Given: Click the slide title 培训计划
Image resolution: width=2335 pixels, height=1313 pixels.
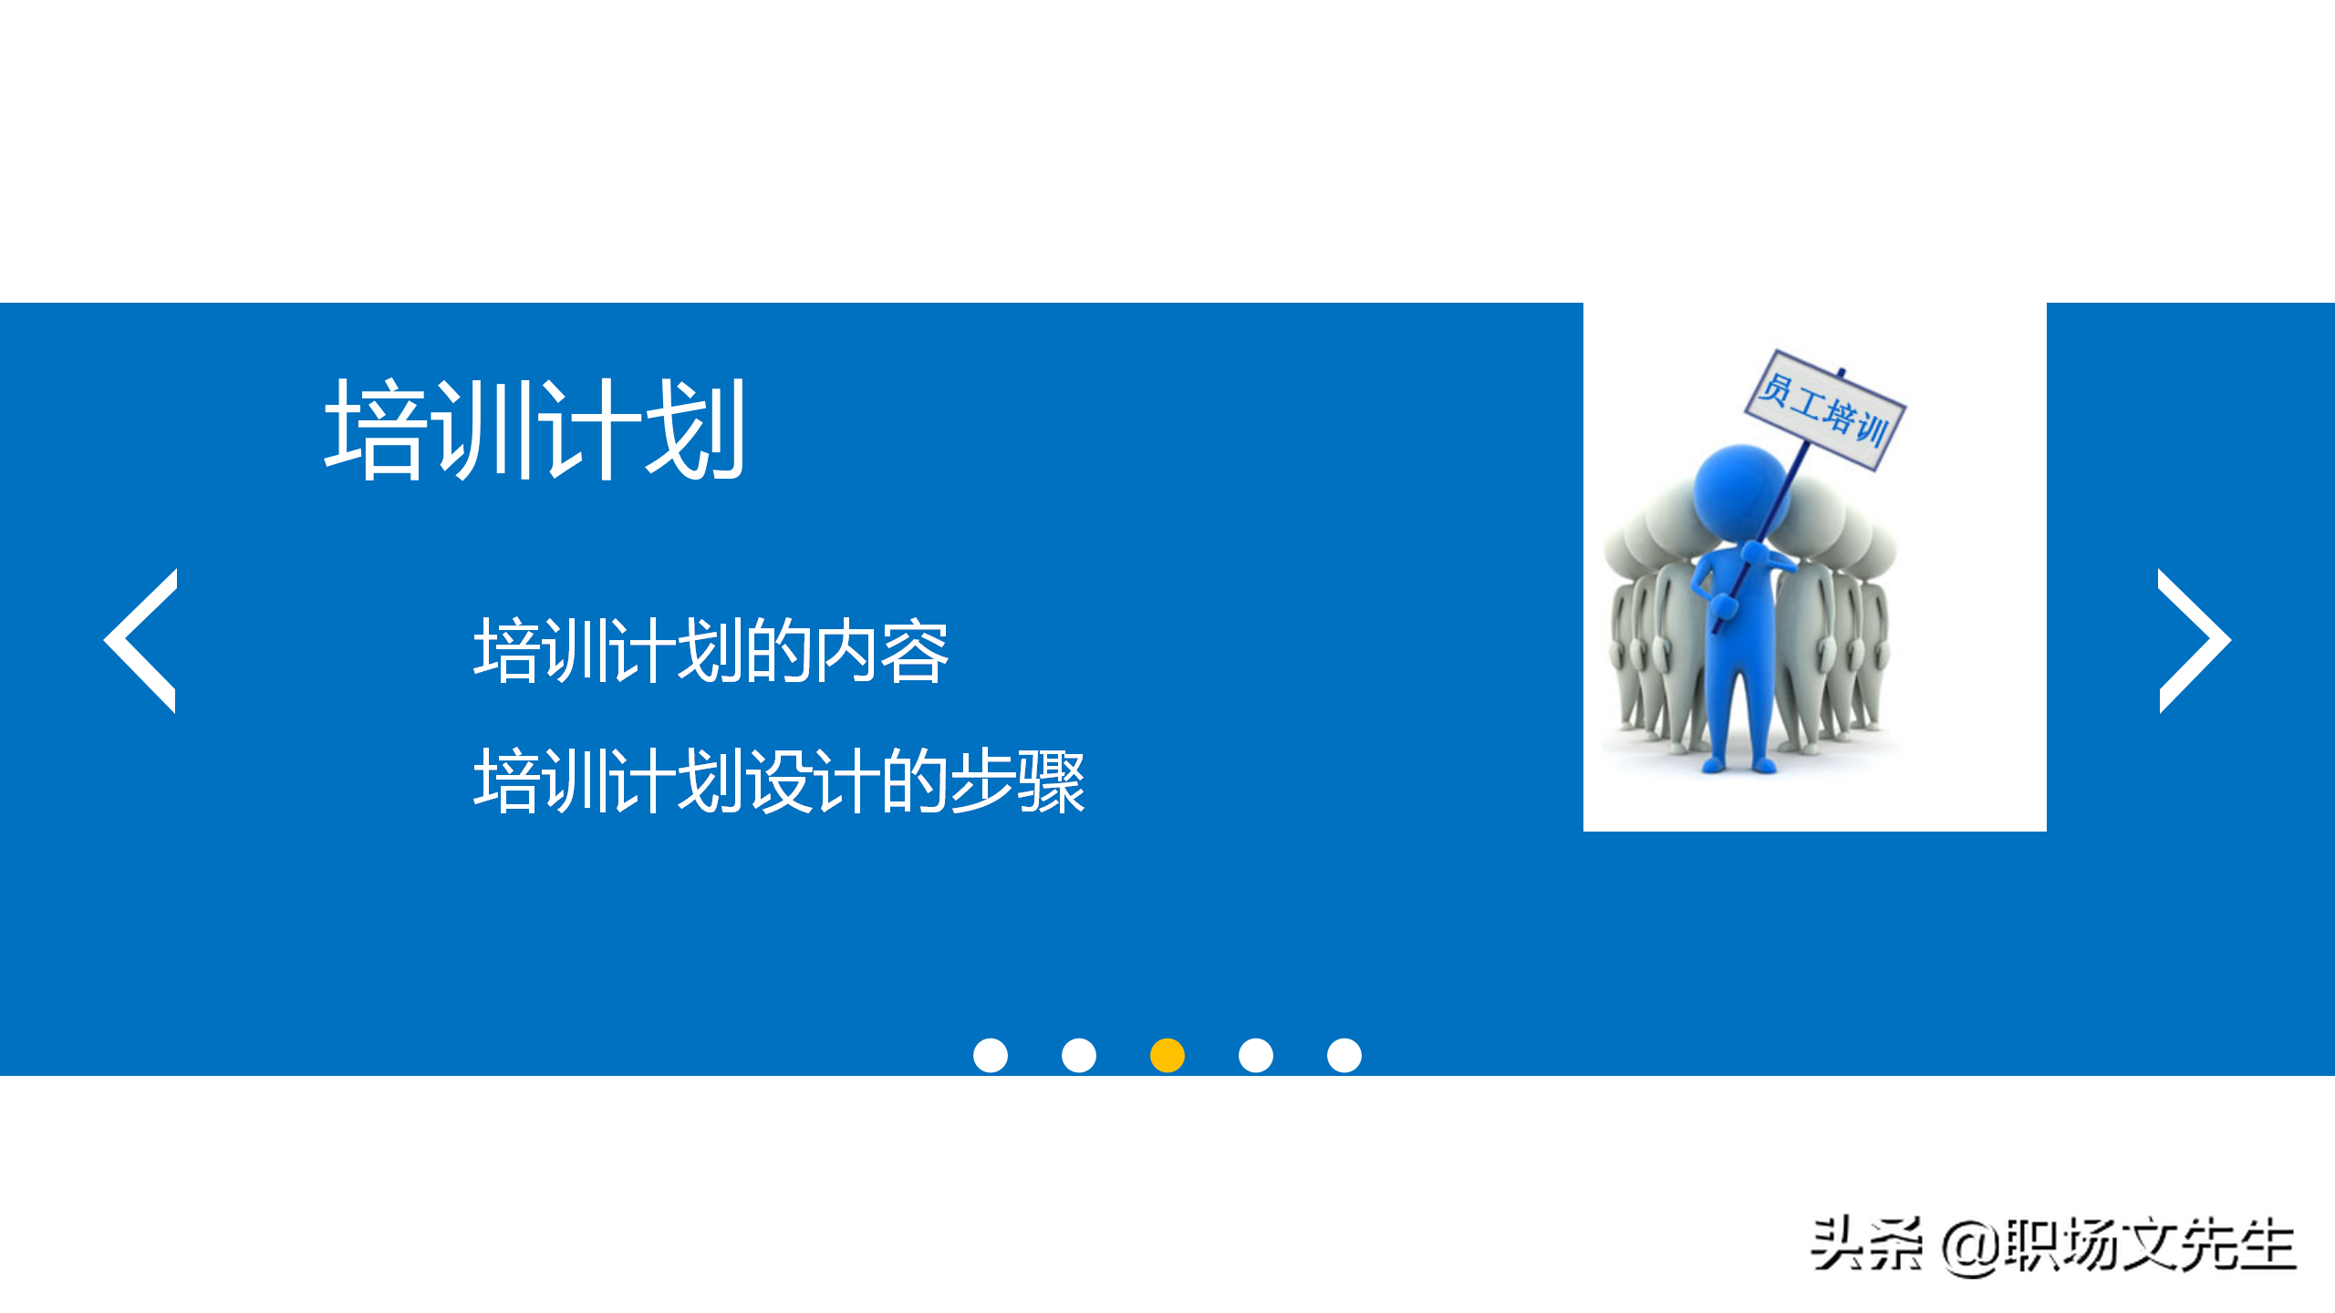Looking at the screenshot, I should point(535,429).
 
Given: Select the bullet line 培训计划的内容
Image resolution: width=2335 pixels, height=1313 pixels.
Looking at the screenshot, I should point(711,651).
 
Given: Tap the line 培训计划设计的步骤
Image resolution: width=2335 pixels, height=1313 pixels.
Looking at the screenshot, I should point(779,781).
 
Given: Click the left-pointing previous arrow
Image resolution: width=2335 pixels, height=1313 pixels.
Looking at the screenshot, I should point(140,641).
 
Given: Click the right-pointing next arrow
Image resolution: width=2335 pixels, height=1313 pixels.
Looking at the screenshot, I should point(2194,641).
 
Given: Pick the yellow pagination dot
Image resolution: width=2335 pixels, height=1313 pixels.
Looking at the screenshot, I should point(1167,1055).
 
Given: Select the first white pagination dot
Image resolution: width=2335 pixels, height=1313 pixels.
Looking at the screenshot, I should point(991,1055).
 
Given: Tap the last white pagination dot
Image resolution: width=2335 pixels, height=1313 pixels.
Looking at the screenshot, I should point(1344,1055).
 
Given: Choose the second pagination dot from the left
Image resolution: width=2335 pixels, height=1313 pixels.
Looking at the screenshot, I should point(1079,1055).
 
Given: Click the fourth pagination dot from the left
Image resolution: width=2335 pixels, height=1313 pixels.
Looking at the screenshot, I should point(1256,1055).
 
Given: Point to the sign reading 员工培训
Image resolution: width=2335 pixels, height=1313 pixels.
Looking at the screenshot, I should point(1825,410).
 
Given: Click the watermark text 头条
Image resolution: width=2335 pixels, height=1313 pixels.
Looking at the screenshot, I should point(1866,1245).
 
